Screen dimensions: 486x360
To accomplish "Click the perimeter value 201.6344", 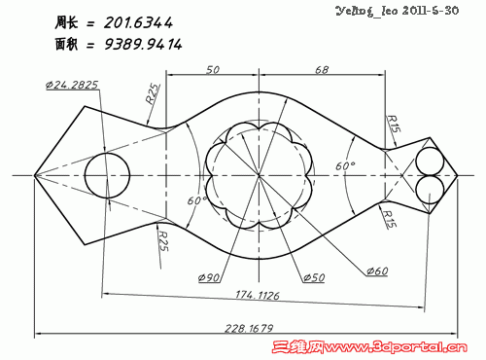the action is (x=138, y=22).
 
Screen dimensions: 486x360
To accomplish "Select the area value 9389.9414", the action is (x=143, y=44).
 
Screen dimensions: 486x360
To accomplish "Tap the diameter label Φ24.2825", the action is (x=72, y=85).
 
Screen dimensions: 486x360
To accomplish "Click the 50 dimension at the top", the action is (x=213, y=70).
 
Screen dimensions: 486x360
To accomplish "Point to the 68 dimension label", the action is (x=322, y=70).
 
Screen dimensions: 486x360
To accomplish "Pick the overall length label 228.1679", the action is (x=249, y=329).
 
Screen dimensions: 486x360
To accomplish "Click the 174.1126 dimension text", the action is (x=258, y=295).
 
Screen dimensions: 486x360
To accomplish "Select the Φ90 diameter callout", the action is (x=209, y=277).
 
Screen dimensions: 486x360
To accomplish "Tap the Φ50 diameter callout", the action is (x=314, y=277).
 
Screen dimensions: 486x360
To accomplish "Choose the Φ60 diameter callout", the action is (x=377, y=270).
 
